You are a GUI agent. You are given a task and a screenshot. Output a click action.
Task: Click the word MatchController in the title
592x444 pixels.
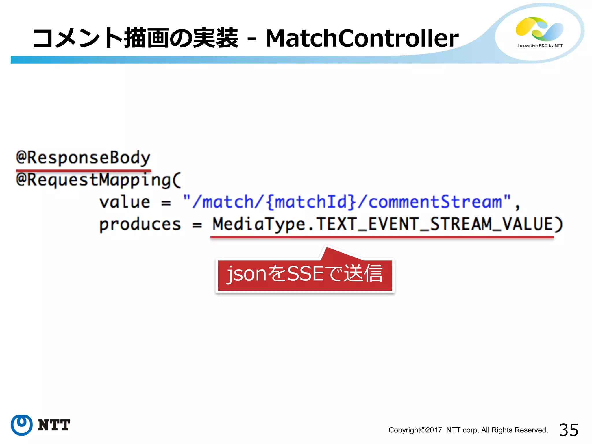coord(362,38)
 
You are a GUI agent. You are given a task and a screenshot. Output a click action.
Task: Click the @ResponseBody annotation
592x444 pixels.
coord(83,158)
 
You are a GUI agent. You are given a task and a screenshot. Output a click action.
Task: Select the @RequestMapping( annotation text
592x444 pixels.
coord(98,180)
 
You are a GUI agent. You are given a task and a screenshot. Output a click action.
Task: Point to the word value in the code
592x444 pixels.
coord(125,202)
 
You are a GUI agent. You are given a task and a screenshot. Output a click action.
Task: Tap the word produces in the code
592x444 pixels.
coord(140,224)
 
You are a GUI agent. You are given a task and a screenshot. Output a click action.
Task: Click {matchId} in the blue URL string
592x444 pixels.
coord(311,202)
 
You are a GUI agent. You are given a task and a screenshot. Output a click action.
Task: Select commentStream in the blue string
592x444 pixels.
coord(435,202)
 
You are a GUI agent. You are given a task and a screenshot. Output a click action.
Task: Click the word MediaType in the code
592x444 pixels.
coord(259,224)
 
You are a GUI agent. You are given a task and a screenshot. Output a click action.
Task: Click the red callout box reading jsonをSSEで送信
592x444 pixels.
coord(305,275)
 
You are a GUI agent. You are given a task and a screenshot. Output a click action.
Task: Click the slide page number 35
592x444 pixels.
coord(568,430)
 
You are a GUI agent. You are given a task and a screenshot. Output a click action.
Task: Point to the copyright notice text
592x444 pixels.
coord(468,430)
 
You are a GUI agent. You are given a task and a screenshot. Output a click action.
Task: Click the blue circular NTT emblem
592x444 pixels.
coord(21,425)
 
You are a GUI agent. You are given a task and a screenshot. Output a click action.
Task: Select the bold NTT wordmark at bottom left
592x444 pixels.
coord(54,425)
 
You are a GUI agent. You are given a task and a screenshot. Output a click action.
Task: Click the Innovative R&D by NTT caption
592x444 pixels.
coord(540,46)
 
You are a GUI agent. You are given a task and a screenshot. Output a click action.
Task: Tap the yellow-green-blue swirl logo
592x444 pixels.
coord(539,29)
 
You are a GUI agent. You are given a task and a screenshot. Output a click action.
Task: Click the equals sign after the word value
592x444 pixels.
coord(166,203)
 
